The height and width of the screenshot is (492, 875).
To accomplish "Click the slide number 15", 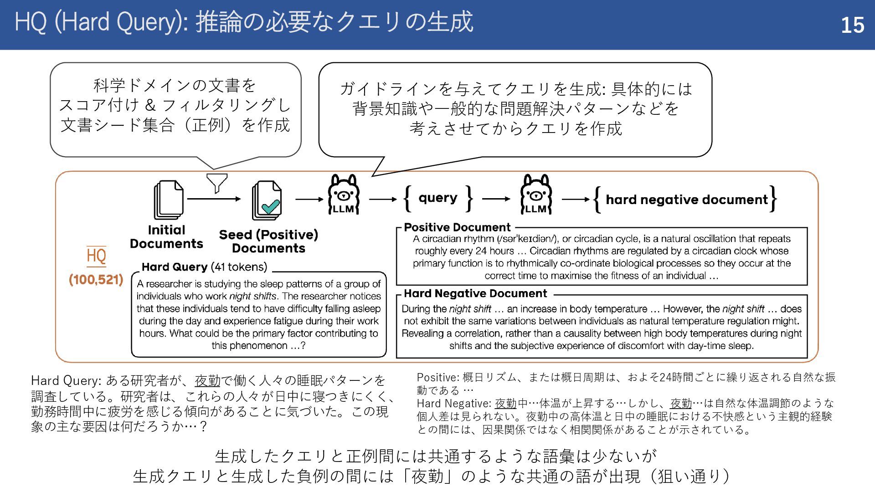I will [852, 25].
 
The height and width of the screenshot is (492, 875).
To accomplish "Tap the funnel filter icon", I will [217, 183].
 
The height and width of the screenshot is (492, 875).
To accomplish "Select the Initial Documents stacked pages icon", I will [169, 200].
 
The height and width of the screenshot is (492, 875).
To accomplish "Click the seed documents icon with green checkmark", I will [267, 200].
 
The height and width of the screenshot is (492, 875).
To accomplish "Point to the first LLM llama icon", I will [344, 195].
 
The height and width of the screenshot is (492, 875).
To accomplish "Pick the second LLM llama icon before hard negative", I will [536, 195].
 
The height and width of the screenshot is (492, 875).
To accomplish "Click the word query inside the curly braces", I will [437, 198].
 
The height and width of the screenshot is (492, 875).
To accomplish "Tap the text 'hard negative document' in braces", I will [686, 200].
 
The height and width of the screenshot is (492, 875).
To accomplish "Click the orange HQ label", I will [96, 256].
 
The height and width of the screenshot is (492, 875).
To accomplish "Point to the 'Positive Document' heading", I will [457, 227].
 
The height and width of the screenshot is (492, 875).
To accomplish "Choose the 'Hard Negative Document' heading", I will [475, 293].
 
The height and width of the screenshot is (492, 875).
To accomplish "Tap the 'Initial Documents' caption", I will [166, 237].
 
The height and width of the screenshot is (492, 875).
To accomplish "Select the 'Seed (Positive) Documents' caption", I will [268, 241].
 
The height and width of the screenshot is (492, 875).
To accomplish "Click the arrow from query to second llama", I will [496, 199].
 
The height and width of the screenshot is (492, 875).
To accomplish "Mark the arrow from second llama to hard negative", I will [576, 199].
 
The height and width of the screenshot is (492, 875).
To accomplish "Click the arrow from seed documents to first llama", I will [309, 199].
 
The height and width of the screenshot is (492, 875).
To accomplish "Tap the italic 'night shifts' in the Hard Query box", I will [252, 296].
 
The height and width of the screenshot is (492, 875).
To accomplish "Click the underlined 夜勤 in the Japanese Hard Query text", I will [207, 380].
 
